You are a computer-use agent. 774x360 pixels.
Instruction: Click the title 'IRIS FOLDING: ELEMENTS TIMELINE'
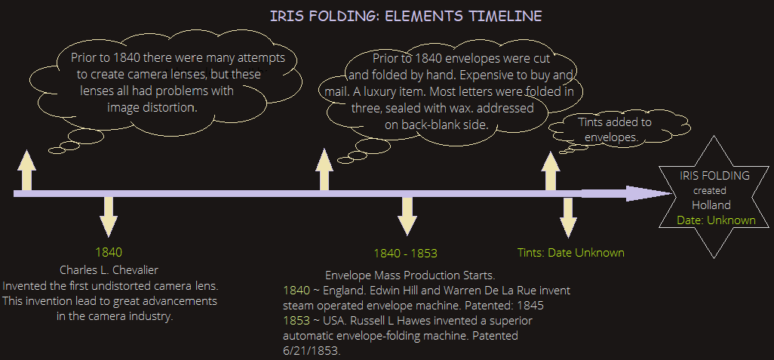406,16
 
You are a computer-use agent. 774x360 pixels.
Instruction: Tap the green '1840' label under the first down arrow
109,252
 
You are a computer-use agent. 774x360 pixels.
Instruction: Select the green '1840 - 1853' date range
406,254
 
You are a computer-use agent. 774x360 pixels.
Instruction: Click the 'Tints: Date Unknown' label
570,253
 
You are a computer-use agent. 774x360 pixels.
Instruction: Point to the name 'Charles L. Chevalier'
109,270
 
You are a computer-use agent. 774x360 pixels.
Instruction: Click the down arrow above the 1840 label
109,217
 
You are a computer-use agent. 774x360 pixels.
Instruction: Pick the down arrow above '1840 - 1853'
407,217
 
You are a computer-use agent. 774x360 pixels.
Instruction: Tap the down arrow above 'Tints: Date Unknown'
568,218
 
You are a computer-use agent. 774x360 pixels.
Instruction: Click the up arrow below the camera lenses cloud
26,171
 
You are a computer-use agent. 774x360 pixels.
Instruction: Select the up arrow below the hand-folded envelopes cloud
324,169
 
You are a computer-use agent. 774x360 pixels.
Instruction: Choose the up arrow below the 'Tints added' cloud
551,171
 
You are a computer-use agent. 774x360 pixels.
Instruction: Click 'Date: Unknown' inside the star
716,220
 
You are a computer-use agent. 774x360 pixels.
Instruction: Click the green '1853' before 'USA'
297,321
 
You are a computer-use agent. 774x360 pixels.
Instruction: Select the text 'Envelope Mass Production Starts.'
410,275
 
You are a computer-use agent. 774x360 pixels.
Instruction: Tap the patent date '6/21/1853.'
312,351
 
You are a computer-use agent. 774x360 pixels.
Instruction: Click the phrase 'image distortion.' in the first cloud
152,107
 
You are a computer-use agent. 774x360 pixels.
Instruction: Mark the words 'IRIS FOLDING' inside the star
714,175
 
